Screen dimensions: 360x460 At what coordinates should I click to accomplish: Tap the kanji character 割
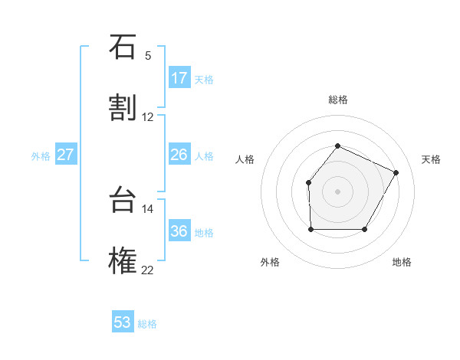click(123, 108)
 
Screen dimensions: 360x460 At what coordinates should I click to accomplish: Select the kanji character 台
click(123, 201)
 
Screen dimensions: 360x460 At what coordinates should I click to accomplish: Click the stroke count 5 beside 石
click(148, 55)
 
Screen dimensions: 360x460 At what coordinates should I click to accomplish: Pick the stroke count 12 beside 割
click(148, 116)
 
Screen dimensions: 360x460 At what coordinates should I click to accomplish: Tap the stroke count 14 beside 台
click(148, 208)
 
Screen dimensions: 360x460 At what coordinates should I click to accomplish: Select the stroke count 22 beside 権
click(148, 270)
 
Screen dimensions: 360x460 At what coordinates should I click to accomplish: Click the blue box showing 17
click(179, 78)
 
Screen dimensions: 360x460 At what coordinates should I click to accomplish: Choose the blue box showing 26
click(179, 155)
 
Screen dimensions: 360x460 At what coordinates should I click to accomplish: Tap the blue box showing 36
click(179, 231)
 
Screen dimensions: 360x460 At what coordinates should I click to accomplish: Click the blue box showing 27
click(66, 155)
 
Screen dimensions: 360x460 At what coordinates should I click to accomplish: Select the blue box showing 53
click(123, 322)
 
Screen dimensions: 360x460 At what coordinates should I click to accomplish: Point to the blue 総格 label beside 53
click(147, 324)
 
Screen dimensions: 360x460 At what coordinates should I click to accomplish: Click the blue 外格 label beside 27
click(41, 156)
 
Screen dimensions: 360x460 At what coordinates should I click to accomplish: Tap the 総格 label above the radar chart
click(337, 100)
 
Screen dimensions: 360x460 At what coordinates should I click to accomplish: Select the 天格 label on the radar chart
click(431, 159)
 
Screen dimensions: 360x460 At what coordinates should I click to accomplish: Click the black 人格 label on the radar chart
click(245, 159)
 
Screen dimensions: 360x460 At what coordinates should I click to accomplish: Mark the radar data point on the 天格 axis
click(396, 172)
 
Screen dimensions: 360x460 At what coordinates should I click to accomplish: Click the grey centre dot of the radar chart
click(337, 191)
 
